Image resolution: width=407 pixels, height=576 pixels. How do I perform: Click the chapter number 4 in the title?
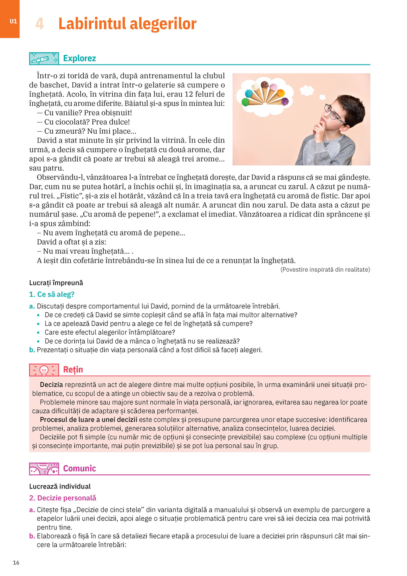(x=39, y=24)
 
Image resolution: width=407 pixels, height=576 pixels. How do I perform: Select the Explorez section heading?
(x=79, y=58)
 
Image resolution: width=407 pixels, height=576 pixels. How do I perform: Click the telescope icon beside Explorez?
(x=44, y=59)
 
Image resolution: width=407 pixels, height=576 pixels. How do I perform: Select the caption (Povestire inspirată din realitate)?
(x=325, y=270)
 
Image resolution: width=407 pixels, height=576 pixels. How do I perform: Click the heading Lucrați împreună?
(x=56, y=283)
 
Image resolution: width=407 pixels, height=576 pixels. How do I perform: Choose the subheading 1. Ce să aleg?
(x=52, y=294)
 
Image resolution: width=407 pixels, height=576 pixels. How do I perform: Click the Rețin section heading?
(x=73, y=370)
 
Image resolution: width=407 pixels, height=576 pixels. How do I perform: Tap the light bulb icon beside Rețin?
(x=44, y=370)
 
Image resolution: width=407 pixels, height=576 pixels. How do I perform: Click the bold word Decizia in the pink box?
(x=51, y=385)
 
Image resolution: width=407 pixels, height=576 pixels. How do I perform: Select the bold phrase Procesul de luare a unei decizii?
(x=88, y=420)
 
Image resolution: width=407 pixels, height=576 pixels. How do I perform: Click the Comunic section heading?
(x=79, y=469)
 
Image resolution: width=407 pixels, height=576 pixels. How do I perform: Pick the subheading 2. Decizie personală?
(x=63, y=498)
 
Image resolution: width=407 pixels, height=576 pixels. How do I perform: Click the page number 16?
(x=16, y=562)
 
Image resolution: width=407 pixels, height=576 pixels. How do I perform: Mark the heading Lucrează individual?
(x=60, y=486)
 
